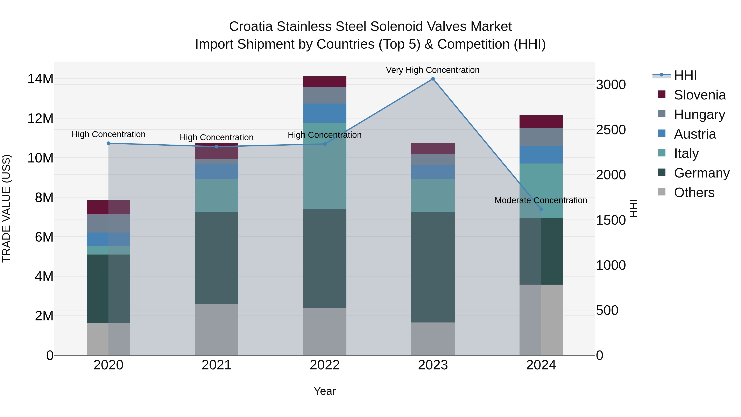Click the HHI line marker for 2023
[433, 79]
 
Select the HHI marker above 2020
[108, 143]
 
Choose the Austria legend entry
[694, 134]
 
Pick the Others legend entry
[694, 193]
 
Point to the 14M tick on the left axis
[40, 79]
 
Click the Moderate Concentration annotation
[541, 200]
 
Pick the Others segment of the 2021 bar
[216, 329]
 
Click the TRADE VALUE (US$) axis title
[6, 208]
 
